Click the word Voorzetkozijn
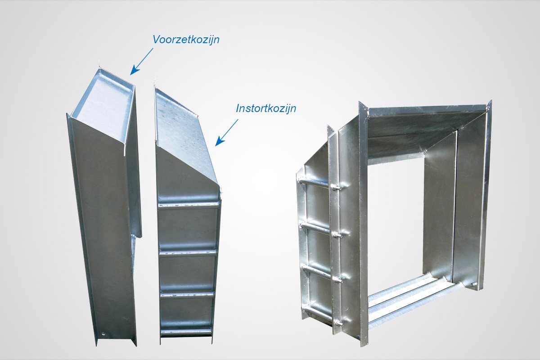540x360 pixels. pyautogui.click(x=186, y=40)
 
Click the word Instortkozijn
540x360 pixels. pyautogui.click(x=266, y=108)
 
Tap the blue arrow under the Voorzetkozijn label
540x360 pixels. pyautogui.click(x=142, y=62)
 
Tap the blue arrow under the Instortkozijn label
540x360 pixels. pyautogui.click(x=227, y=132)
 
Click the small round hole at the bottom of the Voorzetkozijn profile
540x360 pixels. pyautogui.click(x=103, y=334)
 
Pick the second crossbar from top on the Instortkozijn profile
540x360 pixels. pyautogui.click(x=188, y=252)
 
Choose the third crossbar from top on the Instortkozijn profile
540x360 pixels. pyautogui.click(x=187, y=295)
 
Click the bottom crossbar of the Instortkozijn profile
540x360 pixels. pyautogui.click(x=186, y=332)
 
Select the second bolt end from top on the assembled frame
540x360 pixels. pyautogui.click(x=337, y=234)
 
